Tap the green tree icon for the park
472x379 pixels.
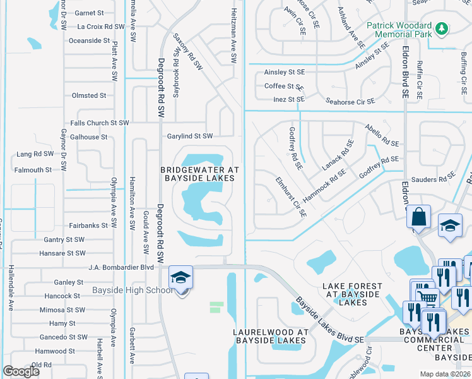pos(442,28)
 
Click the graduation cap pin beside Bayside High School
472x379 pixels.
pos(180,277)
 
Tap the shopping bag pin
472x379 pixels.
pos(418,217)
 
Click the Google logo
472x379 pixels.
pos(21,371)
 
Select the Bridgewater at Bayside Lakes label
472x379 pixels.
pos(199,174)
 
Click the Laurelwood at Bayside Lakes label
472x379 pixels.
pos(270,336)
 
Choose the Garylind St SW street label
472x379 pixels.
pos(190,136)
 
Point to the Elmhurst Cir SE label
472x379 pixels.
pos(291,197)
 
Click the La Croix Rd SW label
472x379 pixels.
pos(101,27)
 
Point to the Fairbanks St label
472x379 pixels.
pos(88,226)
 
